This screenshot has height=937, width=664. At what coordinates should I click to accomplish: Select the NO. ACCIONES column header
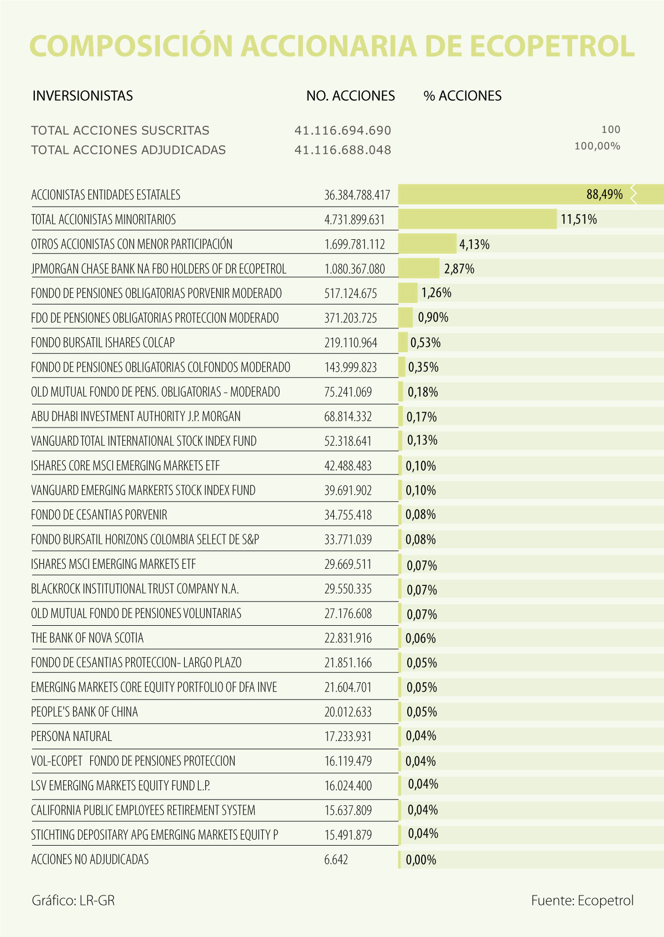(350, 96)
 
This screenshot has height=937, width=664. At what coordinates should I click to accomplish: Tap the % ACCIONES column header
(462, 96)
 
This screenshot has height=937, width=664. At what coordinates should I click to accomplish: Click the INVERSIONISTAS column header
(82, 96)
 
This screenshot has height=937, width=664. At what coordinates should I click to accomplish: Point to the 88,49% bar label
(604, 194)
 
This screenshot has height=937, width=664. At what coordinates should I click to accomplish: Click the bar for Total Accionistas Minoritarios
(477, 219)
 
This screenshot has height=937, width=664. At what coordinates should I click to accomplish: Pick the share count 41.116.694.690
(343, 131)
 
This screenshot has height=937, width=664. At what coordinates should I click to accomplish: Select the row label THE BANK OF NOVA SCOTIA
(87, 638)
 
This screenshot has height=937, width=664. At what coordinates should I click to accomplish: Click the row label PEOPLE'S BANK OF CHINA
(84, 712)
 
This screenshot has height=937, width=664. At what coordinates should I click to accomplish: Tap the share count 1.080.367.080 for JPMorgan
(354, 269)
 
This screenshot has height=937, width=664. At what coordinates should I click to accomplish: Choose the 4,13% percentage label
(474, 244)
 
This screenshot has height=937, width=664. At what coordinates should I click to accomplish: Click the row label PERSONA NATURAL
(71, 737)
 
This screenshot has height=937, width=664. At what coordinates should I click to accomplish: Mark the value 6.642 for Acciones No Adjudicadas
(336, 859)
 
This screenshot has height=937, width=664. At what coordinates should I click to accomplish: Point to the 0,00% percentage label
(421, 860)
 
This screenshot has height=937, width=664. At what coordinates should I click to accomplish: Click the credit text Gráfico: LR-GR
(73, 900)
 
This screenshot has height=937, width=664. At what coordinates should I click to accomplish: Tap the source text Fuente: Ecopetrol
(582, 900)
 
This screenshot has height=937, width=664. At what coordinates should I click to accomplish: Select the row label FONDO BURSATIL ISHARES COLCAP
(102, 343)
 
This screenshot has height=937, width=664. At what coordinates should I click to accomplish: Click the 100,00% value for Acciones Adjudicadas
(597, 146)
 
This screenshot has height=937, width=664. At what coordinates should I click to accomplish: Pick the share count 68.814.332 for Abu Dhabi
(347, 416)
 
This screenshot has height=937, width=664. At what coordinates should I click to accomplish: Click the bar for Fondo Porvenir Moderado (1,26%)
(408, 293)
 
